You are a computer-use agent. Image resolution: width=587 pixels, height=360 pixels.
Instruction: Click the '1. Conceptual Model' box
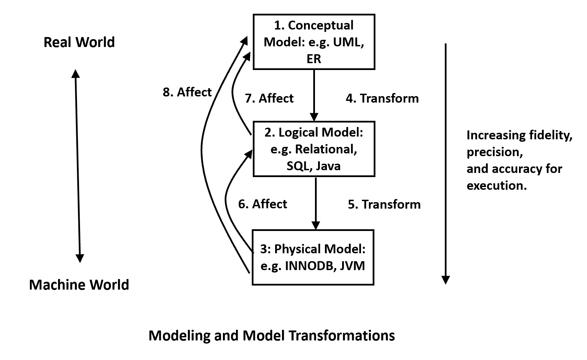coord(314,42)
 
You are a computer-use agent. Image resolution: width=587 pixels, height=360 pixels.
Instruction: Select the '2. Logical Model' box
coord(314,149)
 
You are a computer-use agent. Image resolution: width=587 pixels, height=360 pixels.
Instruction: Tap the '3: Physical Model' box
coord(313,257)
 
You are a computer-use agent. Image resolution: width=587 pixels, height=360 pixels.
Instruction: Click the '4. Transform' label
coord(382,98)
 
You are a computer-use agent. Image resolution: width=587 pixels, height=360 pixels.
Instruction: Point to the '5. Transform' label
coord(384,204)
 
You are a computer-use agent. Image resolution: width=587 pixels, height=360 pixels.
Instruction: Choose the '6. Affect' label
coord(262,204)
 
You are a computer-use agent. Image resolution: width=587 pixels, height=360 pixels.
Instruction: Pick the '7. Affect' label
coord(269,98)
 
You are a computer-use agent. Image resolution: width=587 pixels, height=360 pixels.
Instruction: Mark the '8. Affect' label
coord(187,92)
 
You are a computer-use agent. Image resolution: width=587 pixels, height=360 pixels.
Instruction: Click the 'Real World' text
coord(79,42)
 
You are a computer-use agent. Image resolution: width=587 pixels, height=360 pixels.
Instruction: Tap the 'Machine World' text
coord(79,285)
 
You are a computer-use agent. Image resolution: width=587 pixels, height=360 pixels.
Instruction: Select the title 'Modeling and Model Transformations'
coord(271,335)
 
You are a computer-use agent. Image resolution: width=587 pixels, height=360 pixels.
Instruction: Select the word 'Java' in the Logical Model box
coord(328,166)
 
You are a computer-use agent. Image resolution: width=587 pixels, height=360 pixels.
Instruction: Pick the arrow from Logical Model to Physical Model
coord(316,202)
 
